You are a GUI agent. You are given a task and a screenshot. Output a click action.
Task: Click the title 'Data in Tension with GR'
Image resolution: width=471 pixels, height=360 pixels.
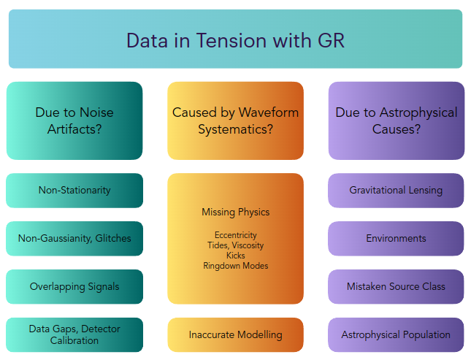pos(235,41)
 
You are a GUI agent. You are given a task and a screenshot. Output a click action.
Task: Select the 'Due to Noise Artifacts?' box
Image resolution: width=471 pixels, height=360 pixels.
pos(74,120)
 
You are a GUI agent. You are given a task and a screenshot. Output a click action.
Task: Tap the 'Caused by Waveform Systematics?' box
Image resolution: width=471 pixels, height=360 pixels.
pos(235,120)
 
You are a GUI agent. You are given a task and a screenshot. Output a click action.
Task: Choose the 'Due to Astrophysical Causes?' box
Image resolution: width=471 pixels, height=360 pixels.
pos(397,120)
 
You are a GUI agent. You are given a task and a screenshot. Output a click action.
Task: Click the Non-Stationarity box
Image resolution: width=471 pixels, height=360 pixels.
pos(74,191)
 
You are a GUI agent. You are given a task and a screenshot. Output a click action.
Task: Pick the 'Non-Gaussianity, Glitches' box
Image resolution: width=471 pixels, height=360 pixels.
pos(74,239)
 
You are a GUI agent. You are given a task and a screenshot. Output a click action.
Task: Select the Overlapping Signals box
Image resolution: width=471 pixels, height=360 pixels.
pos(74,287)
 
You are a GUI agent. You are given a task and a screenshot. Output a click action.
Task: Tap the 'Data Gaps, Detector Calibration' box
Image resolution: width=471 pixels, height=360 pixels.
pos(74,334)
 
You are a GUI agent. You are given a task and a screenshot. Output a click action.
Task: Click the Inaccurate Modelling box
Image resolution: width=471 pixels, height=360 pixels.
pos(235,334)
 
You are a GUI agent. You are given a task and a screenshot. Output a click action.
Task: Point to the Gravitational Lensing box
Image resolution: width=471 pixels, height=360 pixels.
pos(396,191)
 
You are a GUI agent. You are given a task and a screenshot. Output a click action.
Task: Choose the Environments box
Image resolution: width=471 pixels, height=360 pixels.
pos(396,239)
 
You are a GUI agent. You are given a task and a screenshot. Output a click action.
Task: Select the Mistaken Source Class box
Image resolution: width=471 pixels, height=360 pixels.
pos(396,287)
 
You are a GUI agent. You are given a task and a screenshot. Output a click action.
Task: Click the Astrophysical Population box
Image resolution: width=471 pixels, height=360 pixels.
pos(396,334)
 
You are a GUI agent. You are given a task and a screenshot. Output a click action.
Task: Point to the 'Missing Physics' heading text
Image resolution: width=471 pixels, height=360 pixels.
pos(235,212)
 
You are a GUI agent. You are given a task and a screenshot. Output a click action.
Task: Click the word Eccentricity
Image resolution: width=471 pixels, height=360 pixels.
pos(235,235)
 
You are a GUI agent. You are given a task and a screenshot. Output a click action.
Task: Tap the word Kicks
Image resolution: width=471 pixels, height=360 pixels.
pos(235,256)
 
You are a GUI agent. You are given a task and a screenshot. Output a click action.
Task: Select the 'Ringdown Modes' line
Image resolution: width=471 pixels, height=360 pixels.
pos(235,266)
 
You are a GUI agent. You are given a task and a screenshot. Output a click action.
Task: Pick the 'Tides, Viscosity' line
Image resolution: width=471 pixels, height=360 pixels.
pos(235,245)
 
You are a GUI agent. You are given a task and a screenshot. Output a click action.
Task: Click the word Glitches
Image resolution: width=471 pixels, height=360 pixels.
pos(113,238)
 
